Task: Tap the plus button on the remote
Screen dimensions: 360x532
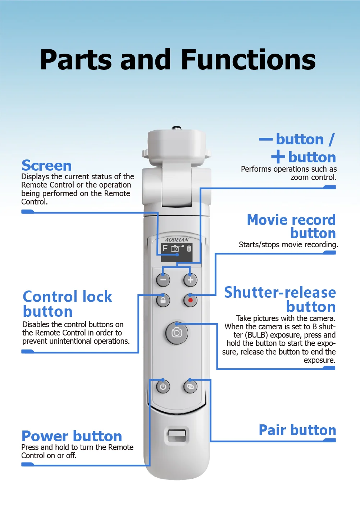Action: [190, 280]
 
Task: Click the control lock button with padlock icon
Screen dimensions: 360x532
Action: [163, 300]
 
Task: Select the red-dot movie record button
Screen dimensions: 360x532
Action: [190, 300]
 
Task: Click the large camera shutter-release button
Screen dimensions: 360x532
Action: [177, 333]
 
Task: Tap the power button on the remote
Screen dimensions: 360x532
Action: [163, 387]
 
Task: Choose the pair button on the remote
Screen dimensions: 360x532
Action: [190, 387]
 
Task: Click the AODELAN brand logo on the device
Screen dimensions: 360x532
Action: [177, 240]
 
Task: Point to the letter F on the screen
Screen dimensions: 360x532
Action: [165, 248]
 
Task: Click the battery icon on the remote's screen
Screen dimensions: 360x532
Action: [189, 248]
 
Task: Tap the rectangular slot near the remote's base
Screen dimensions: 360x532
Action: [177, 435]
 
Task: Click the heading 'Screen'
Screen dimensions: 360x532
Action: [46, 166]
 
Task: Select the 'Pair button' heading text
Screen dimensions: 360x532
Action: [297, 430]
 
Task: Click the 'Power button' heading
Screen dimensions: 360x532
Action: [72, 436]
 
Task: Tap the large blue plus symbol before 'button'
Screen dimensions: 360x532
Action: [278, 157]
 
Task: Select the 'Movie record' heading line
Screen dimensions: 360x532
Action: [291, 220]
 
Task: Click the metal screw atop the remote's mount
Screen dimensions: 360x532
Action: [177, 128]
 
